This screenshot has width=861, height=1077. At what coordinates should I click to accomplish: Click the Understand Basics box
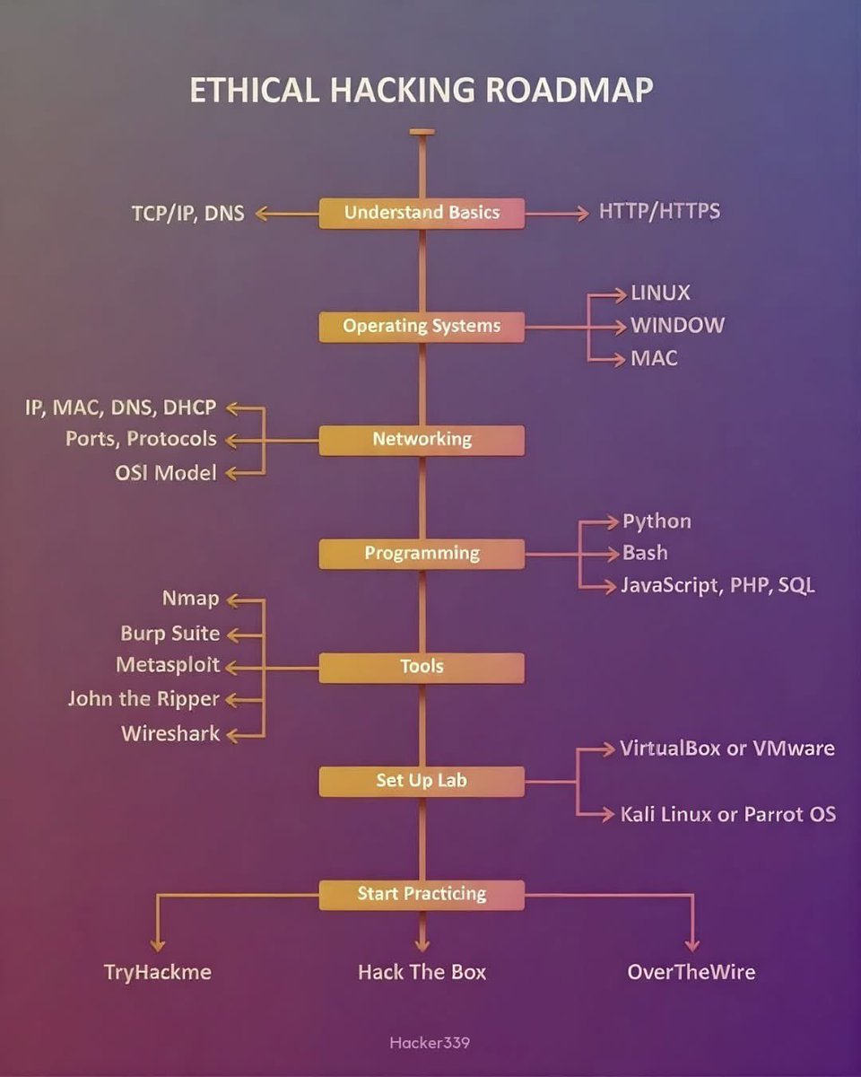[422, 213]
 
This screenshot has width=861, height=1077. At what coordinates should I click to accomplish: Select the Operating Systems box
[422, 326]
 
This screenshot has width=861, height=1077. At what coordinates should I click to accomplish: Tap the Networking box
[422, 440]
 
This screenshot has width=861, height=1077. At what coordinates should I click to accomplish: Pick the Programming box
[422, 553]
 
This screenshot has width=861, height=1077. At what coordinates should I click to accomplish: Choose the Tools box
[422, 667]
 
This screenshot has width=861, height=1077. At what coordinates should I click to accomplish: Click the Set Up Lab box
[422, 780]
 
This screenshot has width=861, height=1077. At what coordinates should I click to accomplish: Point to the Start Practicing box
[422, 894]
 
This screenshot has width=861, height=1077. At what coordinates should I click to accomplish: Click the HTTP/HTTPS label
[659, 213]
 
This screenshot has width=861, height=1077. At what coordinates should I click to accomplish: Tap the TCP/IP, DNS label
[187, 214]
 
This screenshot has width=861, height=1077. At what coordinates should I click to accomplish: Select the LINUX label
[661, 293]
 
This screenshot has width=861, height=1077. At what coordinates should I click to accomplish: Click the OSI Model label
[166, 473]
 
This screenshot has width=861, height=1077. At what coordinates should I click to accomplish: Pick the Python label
[657, 521]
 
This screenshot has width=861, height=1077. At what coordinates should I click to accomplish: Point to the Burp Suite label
[170, 634]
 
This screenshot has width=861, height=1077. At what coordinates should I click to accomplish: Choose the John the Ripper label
[143, 698]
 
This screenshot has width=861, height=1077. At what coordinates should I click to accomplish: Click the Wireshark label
[170, 733]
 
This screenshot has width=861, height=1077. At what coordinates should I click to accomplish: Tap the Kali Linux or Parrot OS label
[727, 814]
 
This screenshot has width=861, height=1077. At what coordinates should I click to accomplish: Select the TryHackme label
[157, 972]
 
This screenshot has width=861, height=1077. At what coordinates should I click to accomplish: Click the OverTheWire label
[691, 972]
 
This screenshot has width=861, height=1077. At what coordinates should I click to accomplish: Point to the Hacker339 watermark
[430, 1043]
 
